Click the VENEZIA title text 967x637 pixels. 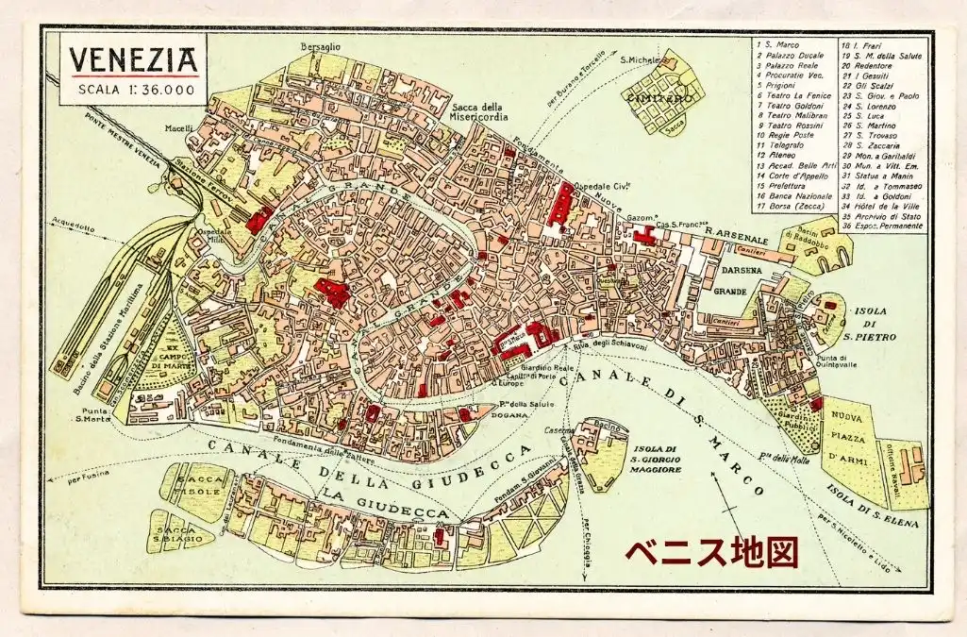tap(132, 59)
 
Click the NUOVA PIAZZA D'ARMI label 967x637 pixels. tap(847, 441)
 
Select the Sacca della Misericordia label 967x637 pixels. tap(479, 111)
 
